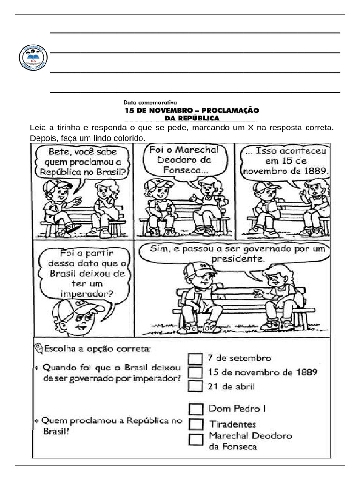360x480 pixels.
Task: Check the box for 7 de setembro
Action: tap(195, 359)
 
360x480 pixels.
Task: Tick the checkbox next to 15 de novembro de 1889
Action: tap(195, 373)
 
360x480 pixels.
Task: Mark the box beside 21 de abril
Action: tap(195, 386)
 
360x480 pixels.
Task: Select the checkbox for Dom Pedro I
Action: tap(196, 409)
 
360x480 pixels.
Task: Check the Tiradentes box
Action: tap(196, 424)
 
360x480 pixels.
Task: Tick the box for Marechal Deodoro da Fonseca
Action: tap(196, 440)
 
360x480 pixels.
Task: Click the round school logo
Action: tap(33, 58)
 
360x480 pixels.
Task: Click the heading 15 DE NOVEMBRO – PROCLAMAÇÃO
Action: tap(191, 110)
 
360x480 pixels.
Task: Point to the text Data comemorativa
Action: tap(150, 102)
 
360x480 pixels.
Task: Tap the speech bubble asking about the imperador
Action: tap(87, 274)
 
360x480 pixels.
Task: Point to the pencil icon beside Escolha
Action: tap(38, 348)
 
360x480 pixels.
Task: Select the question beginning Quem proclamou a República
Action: tap(108, 426)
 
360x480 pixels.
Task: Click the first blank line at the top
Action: tap(195, 33)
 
